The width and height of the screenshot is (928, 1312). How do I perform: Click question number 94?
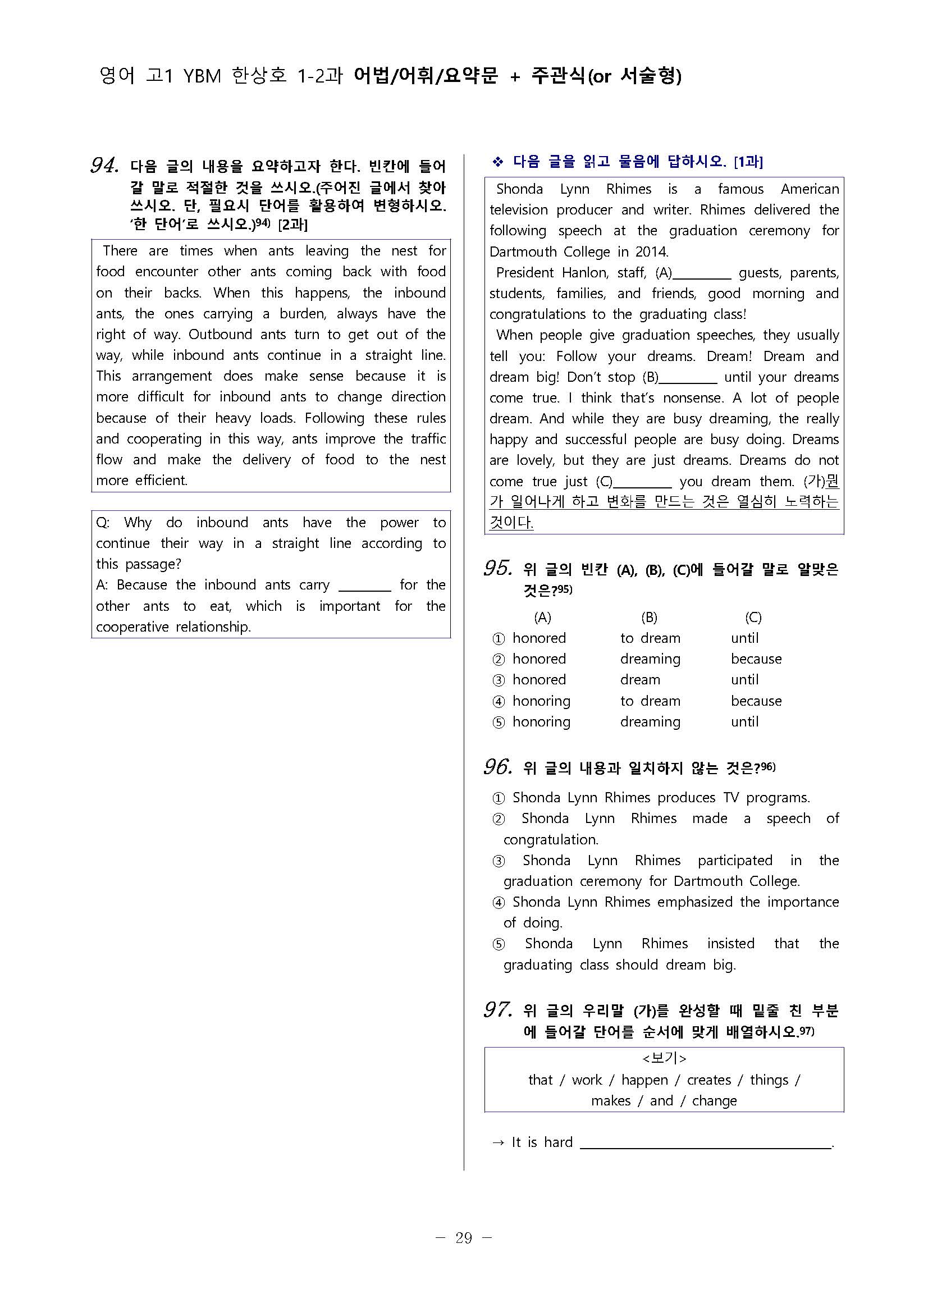point(104,166)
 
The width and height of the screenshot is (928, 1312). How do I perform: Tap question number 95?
point(498,569)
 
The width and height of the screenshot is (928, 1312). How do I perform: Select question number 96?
point(498,767)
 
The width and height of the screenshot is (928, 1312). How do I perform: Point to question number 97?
point(498,1010)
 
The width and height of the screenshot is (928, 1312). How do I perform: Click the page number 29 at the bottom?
point(463,1238)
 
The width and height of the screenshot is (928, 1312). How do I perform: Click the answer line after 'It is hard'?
point(706,1144)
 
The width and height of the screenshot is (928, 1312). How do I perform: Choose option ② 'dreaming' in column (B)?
point(650,659)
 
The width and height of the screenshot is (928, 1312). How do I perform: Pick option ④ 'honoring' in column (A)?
point(541,701)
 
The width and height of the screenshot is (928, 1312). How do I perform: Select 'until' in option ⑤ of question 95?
point(744,722)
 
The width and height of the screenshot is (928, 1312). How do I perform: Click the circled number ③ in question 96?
point(499,861)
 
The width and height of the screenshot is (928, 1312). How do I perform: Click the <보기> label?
point(664,1058)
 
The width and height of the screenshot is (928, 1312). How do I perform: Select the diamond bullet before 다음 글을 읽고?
point(498,162)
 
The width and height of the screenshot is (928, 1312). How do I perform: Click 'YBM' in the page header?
point(202,76)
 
